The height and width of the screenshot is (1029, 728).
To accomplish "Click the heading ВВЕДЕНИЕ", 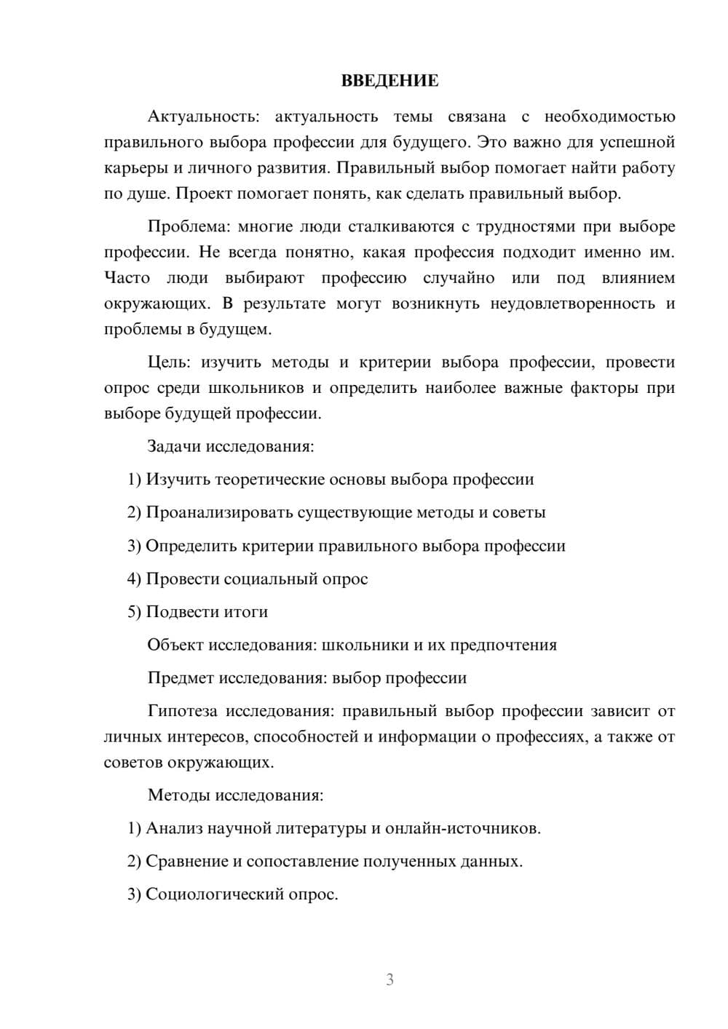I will pyautogui.click(x=389, y=81).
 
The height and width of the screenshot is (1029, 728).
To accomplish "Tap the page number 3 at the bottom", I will pyautogui.click(x=389, y=980).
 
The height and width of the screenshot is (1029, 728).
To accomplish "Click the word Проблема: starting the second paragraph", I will pyautogui.click(x=188, y=226).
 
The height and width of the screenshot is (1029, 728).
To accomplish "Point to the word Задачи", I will pyautogui.click(x=175, y=446).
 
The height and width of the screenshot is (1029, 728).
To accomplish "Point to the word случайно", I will pyautogui.click(x=459, y=278).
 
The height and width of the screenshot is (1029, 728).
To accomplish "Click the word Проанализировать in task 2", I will pyautogui.click(x=219, y=512).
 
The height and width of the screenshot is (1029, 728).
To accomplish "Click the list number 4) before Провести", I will pyautogui.click(x=134, y=579).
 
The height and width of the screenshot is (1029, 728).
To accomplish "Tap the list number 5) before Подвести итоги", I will pyautogui.click(x=134, y=611).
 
